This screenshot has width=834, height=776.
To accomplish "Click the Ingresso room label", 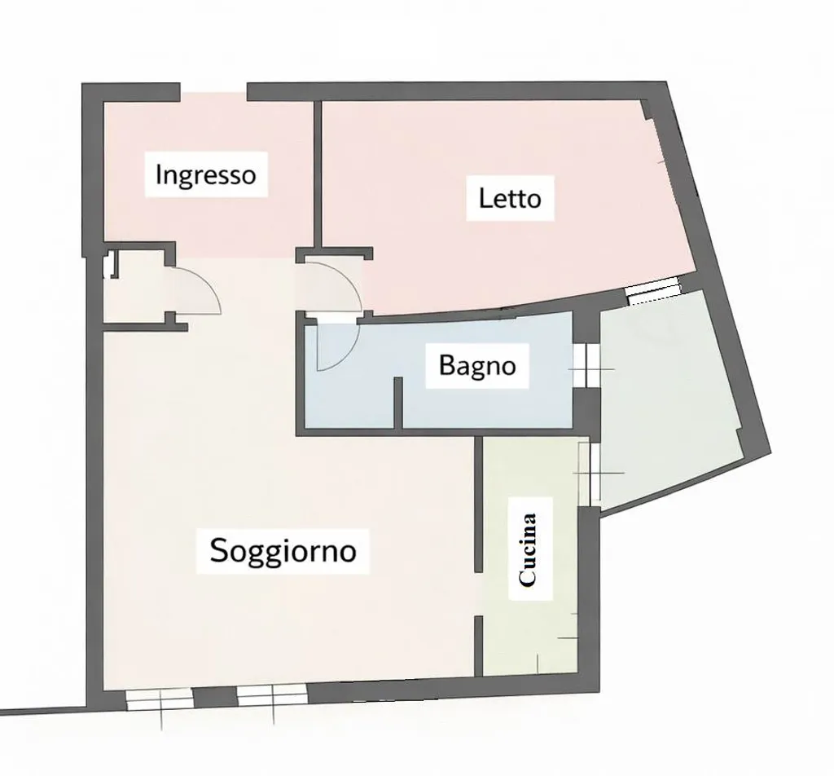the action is (206, 174).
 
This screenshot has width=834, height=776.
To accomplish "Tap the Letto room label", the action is (510, 198).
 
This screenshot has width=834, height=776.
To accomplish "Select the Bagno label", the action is (477, 366).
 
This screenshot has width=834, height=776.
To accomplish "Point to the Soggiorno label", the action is (283, 550).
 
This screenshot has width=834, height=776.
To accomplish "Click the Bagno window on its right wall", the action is (586, 365).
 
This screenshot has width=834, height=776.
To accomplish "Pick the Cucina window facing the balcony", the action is (590, 474).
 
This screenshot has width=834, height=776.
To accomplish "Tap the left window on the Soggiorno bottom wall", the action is (159, 699).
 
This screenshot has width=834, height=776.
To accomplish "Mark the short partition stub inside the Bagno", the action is (397, 403).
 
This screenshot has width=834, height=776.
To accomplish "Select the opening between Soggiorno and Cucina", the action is (478, 594).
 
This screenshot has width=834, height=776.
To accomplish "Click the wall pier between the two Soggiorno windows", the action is (215, 697).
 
